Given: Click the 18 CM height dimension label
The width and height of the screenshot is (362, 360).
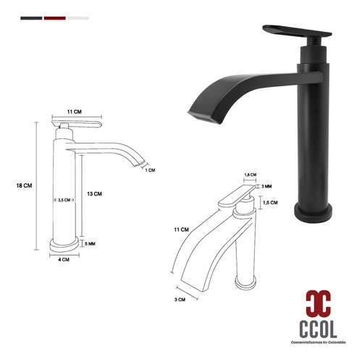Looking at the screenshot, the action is (x=24, y=185).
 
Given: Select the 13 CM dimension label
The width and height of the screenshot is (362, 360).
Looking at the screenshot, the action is (x=94, y=194).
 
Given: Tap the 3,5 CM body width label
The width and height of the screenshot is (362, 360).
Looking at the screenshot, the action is (x=64, y=200).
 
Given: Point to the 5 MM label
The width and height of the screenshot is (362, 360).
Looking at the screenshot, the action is (x=90, y=244).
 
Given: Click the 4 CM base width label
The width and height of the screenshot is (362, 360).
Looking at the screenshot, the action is (x=64, y=259).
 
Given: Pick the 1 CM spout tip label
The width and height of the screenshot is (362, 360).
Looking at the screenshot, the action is (x=150, y=170).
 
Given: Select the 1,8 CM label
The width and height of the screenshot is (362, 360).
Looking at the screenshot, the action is (x=251, y=175).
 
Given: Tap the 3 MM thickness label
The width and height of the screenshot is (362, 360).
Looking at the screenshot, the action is (x=266, y=186).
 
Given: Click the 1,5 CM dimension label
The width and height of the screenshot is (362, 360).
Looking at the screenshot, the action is (x=270, y=203).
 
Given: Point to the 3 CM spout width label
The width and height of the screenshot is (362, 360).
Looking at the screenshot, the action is (x=180, y=300).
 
